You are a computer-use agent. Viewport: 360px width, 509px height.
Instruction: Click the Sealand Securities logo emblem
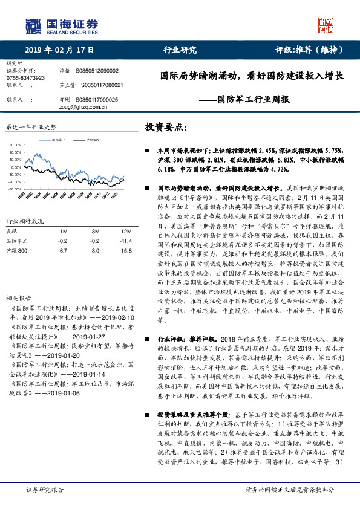pos(34,26)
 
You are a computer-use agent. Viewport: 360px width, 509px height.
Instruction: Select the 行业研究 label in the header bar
pos(180,50)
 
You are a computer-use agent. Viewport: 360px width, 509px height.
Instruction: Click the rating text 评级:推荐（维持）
pos(306,50)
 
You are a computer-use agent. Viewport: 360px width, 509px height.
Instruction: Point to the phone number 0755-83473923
pos(25,78)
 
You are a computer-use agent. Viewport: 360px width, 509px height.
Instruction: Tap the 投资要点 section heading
pos(166,128)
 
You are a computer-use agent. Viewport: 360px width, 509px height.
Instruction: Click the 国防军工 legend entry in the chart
pos(59,140)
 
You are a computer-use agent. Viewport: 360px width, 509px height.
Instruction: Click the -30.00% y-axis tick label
pos(15,189)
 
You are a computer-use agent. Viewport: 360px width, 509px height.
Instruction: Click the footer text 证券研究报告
pos(46,490)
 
